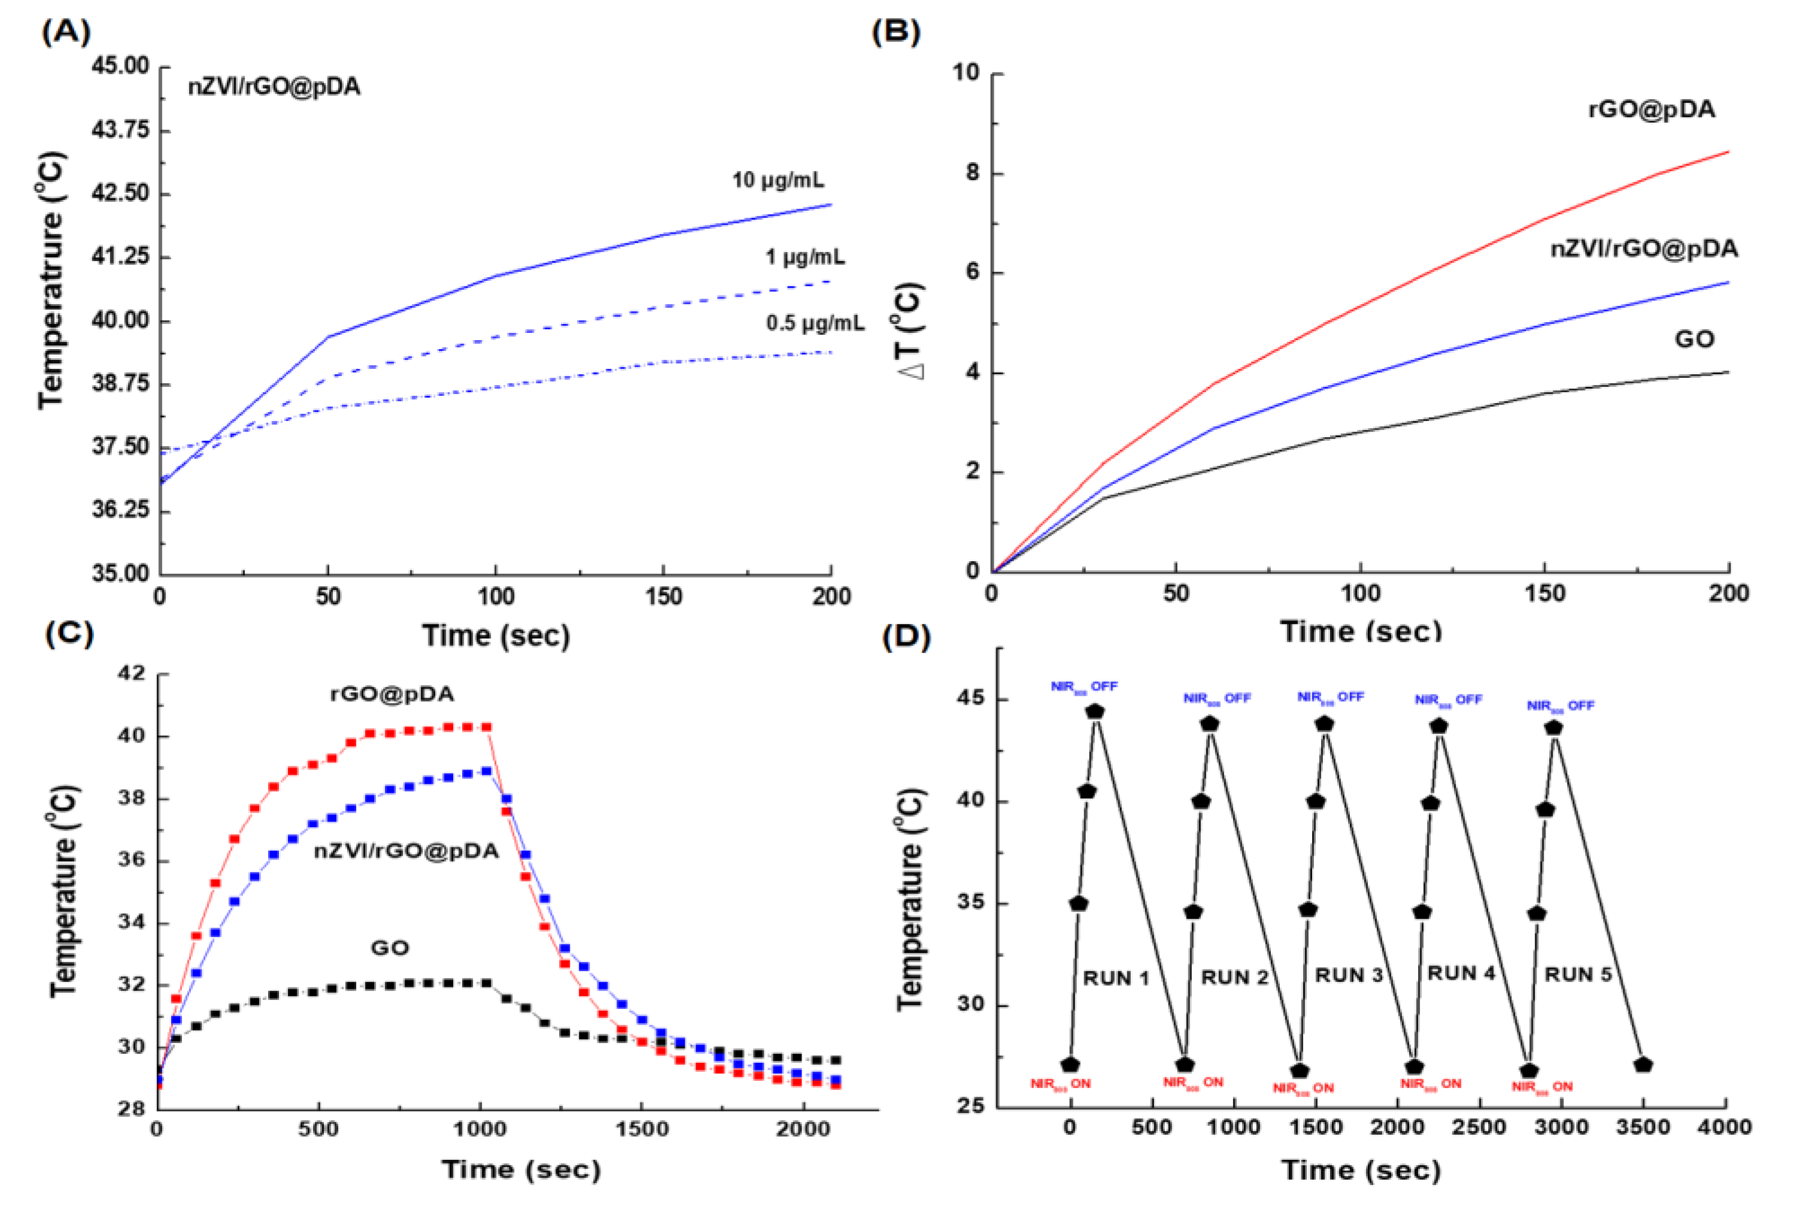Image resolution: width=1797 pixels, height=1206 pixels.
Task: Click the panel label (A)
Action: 66,32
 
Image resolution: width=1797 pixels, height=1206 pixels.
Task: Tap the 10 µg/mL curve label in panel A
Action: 778,181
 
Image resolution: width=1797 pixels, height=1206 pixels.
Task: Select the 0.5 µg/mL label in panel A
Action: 814,323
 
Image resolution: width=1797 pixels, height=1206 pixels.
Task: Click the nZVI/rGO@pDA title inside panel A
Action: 274,87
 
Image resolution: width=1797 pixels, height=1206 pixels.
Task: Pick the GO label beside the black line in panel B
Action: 1694,339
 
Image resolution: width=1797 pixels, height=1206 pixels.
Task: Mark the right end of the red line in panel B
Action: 1728,152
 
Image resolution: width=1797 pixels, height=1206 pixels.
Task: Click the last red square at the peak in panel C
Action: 486,727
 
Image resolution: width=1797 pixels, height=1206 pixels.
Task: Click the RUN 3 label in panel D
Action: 1349,975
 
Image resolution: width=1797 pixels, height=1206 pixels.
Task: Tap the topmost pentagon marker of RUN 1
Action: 1095,711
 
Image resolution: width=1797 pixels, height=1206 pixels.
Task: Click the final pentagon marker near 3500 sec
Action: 1643,1065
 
